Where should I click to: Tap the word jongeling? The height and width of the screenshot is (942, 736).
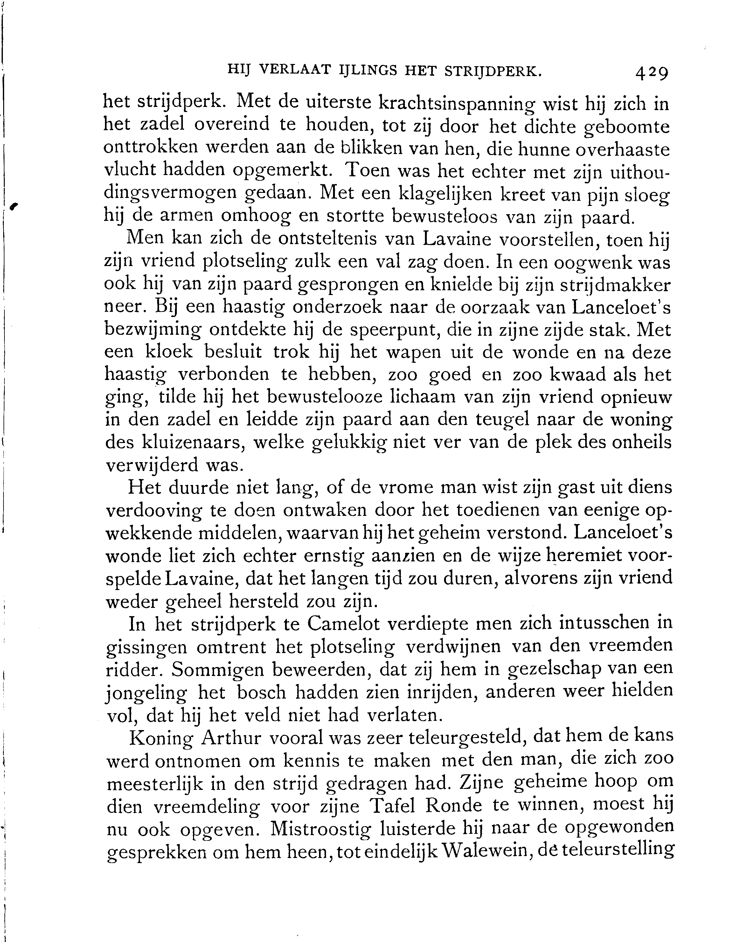pyautogui.click(x=147, y=693)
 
